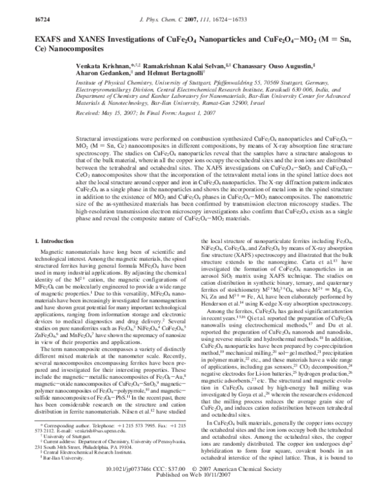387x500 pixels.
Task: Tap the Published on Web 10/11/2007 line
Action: [x=193, y=495]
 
